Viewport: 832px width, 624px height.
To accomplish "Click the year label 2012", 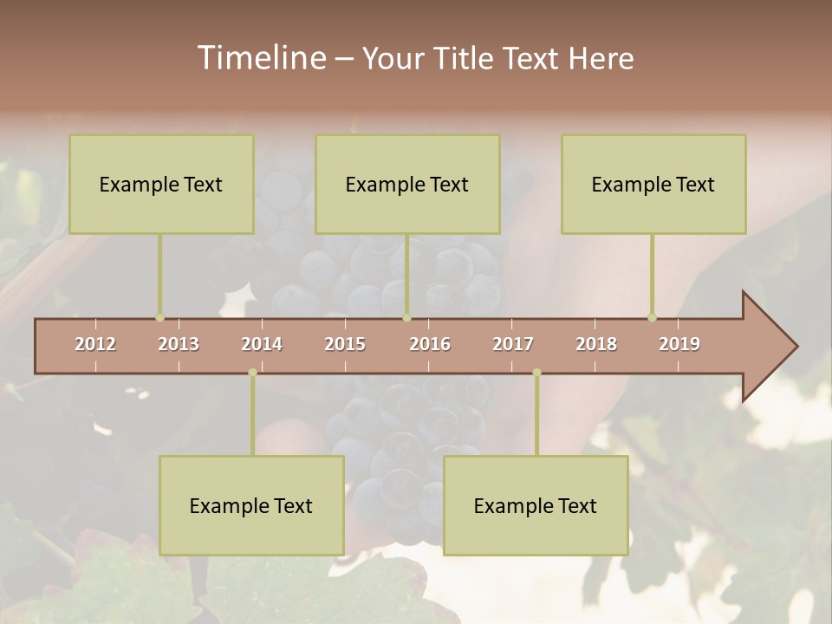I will point(95,344).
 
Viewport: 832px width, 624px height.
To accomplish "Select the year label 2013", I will point(179,344).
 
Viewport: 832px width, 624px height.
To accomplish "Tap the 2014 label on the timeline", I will point(262,344).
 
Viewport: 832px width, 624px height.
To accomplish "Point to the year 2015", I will point(345,344).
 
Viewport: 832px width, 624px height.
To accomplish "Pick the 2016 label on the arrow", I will point(430,344).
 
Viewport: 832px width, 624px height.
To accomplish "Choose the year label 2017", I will point(513,344).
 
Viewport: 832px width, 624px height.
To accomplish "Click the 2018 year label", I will point(596,344).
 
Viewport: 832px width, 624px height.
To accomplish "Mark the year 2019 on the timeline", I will point(679,344).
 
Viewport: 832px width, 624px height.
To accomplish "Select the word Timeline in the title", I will point(260,58).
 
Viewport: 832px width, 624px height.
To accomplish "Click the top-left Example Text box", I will point(161,184).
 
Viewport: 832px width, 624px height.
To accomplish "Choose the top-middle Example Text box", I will point(407,184).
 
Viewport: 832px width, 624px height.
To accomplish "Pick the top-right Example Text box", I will point(653,184).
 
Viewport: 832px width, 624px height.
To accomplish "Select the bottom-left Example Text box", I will point(251,505).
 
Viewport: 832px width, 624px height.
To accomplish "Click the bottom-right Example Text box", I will point(536,505).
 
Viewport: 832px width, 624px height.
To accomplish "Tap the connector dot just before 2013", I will point(159,317).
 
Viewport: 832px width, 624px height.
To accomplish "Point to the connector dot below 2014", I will point(252,373).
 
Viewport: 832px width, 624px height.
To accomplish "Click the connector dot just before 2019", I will point(652,317).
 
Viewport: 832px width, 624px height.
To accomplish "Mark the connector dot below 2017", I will point(536,373).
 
